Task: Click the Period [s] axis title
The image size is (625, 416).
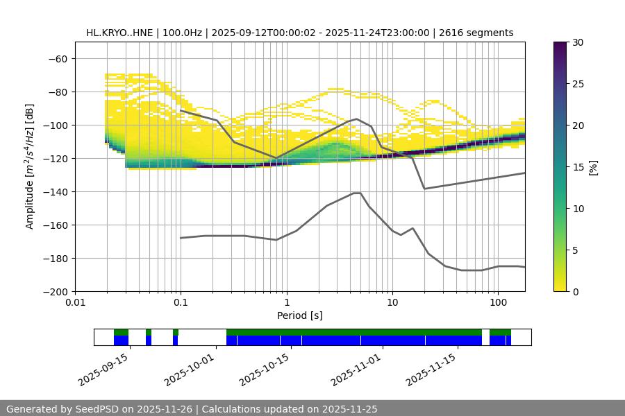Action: (300, 315)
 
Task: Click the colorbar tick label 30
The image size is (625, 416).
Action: (578, 42)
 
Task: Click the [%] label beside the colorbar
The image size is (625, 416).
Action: (594, 167)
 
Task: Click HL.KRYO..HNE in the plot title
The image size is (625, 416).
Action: (117, 33)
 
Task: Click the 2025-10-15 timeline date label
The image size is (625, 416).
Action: (263, 369)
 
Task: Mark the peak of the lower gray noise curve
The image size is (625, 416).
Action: (357, 193)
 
